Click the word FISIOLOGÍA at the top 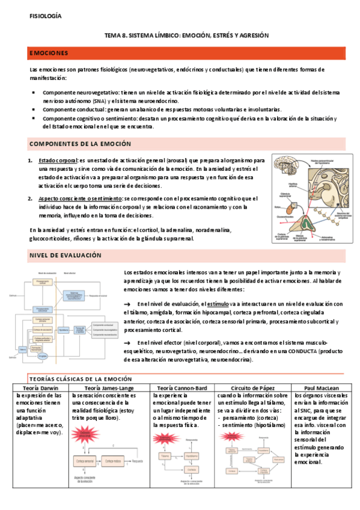click(x=45, y=16)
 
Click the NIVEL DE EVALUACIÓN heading click(x=66, y=255)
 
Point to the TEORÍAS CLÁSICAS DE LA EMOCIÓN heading click(x=80, y=379)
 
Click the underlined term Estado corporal click(x=58, y=161)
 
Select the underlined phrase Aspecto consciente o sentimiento click(x=79, y=198)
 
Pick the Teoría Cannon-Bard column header click(x=182, y=388)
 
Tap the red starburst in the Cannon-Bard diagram click(x=165, y=440)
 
